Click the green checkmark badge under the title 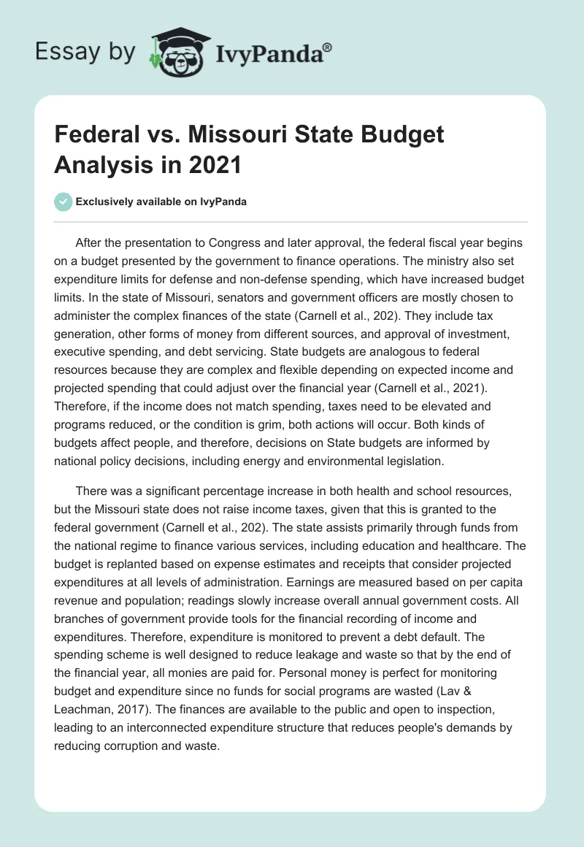point(64,202)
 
